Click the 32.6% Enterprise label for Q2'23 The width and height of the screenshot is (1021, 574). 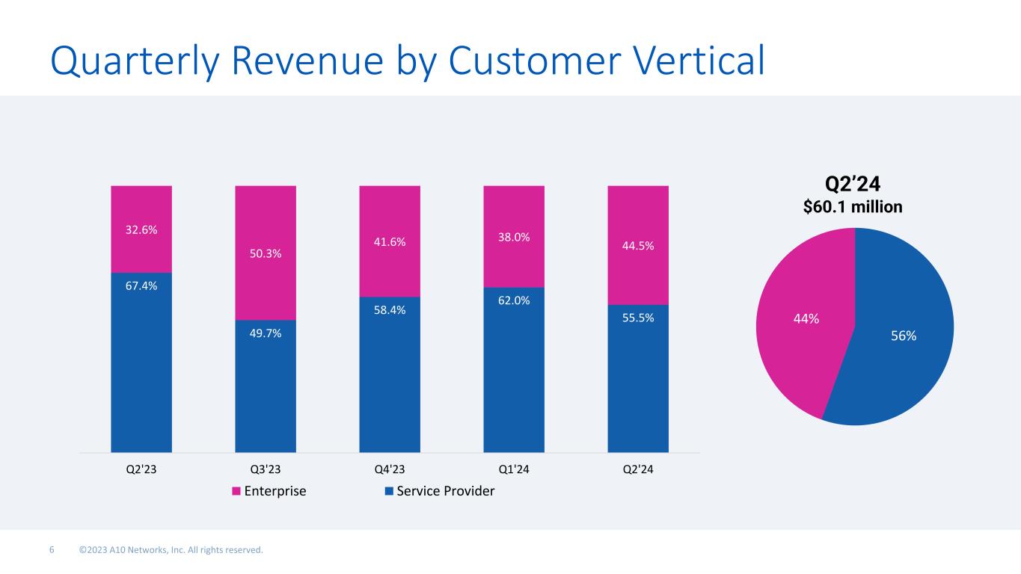141,230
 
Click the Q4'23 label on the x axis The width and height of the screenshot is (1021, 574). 390,469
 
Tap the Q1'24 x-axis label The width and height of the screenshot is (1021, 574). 514,469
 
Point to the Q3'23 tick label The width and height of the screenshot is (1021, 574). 266,469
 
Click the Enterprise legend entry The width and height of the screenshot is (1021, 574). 269,491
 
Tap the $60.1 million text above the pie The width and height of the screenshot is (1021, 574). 853,206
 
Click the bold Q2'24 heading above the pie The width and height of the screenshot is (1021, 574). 853,184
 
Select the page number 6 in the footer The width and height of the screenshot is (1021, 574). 52,551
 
